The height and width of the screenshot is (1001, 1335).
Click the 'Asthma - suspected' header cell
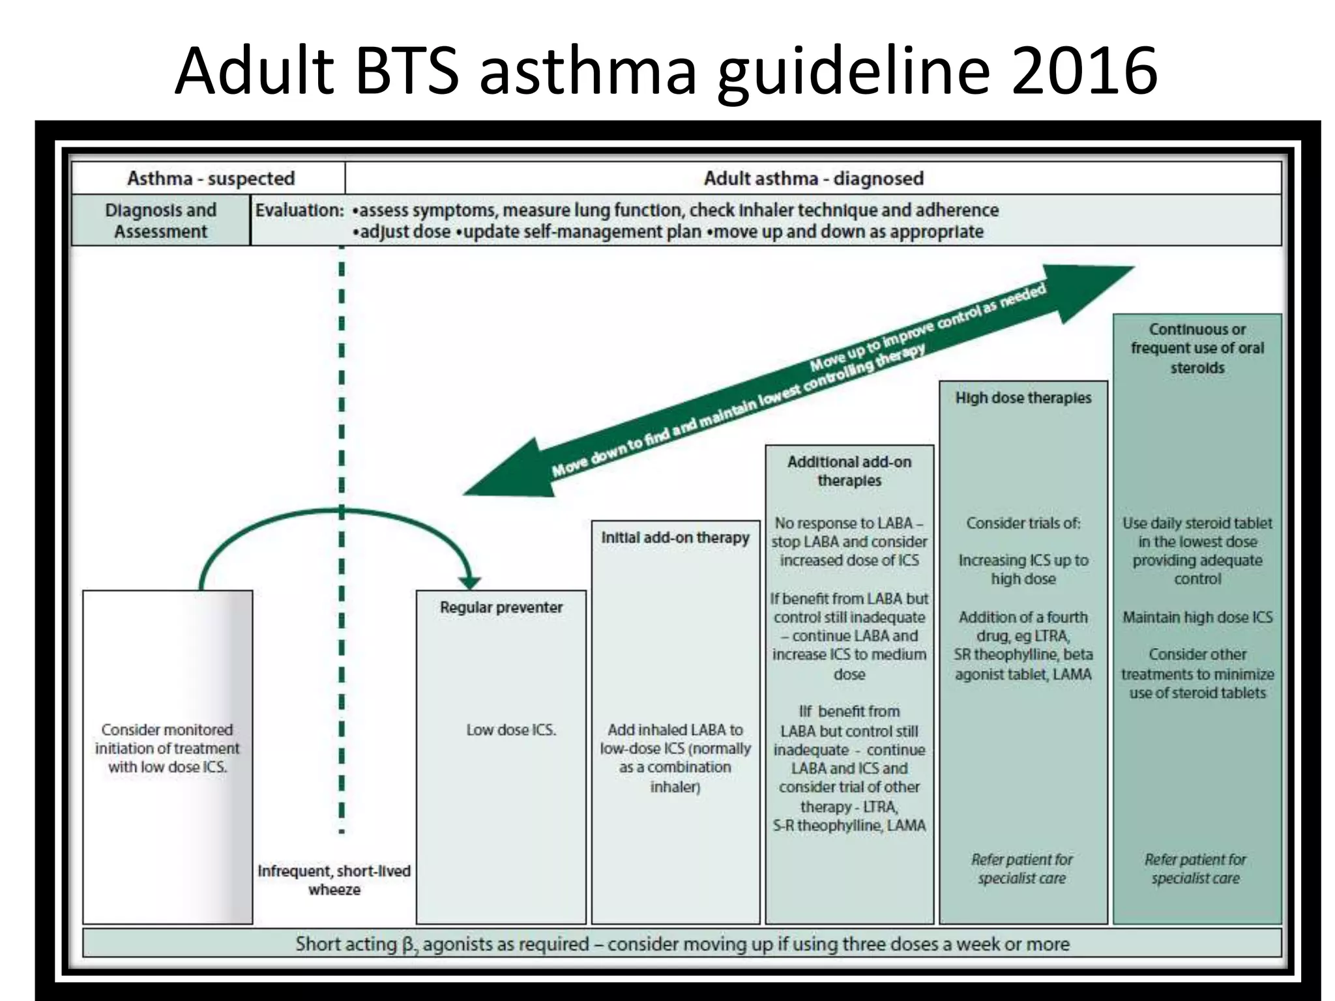click(211, 178)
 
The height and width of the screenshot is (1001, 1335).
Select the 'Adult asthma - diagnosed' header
click(813, 178)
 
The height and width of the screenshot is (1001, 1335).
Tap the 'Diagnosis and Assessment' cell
click(160, 220)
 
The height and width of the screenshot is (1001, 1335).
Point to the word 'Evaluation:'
click(299, 210)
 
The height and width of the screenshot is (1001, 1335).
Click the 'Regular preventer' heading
click(501, 607)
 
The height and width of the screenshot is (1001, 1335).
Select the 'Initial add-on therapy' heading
click(675, 538)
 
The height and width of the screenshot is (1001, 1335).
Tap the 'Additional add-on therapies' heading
click(849, 471)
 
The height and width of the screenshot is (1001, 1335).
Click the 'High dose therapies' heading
click(1023, 398)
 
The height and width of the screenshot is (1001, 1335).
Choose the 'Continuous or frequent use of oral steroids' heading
click(1197, 348)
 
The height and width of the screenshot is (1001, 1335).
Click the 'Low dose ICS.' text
click(511, 730)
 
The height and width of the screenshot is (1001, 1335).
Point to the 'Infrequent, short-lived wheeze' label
click(334, 880)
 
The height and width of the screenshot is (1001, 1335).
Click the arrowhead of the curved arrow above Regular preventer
click(469, 582)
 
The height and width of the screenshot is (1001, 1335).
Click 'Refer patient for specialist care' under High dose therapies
click(1021, 869)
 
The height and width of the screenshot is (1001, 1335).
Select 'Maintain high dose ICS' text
click(1197, 617)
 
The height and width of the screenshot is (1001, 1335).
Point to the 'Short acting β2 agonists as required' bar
click(682, 944)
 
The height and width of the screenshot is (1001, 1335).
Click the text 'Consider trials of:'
click(1023, 523)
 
